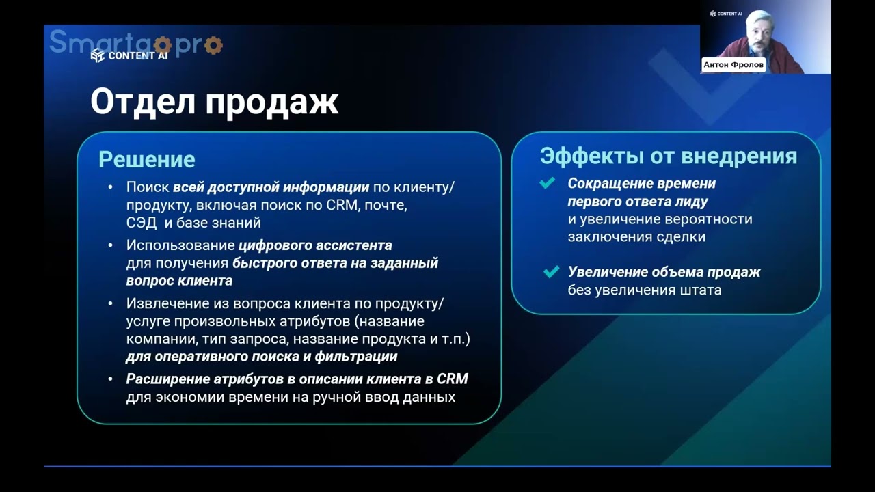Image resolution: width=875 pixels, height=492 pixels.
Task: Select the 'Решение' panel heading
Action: point(146,159)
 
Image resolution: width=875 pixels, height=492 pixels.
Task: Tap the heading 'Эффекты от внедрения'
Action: point(668,156)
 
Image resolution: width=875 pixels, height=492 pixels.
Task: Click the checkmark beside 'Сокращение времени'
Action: point(547,183)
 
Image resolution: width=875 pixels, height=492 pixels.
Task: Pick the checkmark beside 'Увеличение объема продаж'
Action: point(551,272)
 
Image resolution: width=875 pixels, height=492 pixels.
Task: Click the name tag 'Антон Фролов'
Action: point(733,65)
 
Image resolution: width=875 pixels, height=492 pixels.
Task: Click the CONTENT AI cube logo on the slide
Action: point(98,55)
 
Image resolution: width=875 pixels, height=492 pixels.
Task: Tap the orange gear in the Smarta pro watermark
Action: point(213,46)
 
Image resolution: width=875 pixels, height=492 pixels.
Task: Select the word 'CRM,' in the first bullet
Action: point(342,205)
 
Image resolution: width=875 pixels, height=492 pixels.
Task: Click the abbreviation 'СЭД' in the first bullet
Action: point(142,223)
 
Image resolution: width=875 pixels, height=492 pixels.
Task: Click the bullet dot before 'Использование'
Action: point(111,245)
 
